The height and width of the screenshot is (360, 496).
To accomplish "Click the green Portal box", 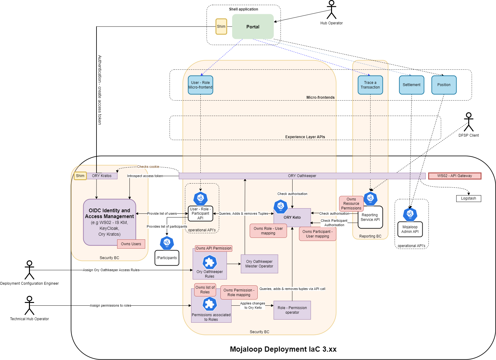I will (253, 27).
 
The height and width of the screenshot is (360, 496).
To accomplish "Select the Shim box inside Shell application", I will (221, 27).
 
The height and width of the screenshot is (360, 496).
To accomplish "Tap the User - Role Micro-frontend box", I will (200, 85).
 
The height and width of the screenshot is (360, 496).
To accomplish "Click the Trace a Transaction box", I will (370, 85).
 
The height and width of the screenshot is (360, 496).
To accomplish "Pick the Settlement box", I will (412, 85).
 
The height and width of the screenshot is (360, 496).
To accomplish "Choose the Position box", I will (444, 85).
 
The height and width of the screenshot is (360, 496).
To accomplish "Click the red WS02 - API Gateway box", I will (454, 176).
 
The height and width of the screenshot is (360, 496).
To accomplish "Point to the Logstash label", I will (468, 198).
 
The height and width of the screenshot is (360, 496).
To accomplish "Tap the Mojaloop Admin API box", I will (410, 229).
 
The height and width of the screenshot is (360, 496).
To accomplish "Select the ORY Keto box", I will (292, 217).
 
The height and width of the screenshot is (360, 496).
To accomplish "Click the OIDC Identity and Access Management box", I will (109, 222).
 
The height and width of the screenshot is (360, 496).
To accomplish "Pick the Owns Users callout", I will (131, 244).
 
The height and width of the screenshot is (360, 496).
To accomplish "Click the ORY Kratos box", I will (102, 176).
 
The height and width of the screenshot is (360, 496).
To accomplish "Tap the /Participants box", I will (167, 258).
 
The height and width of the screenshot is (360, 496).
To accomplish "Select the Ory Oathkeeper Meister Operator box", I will (259, 264).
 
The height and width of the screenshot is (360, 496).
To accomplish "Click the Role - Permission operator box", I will (292, 310).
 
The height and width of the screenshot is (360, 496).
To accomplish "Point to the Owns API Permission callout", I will (213, 248).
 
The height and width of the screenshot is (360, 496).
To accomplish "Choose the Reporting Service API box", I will (370, 217).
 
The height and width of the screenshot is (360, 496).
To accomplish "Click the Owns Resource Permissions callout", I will (351, 204).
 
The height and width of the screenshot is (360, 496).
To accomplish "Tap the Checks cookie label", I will (148, 167).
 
